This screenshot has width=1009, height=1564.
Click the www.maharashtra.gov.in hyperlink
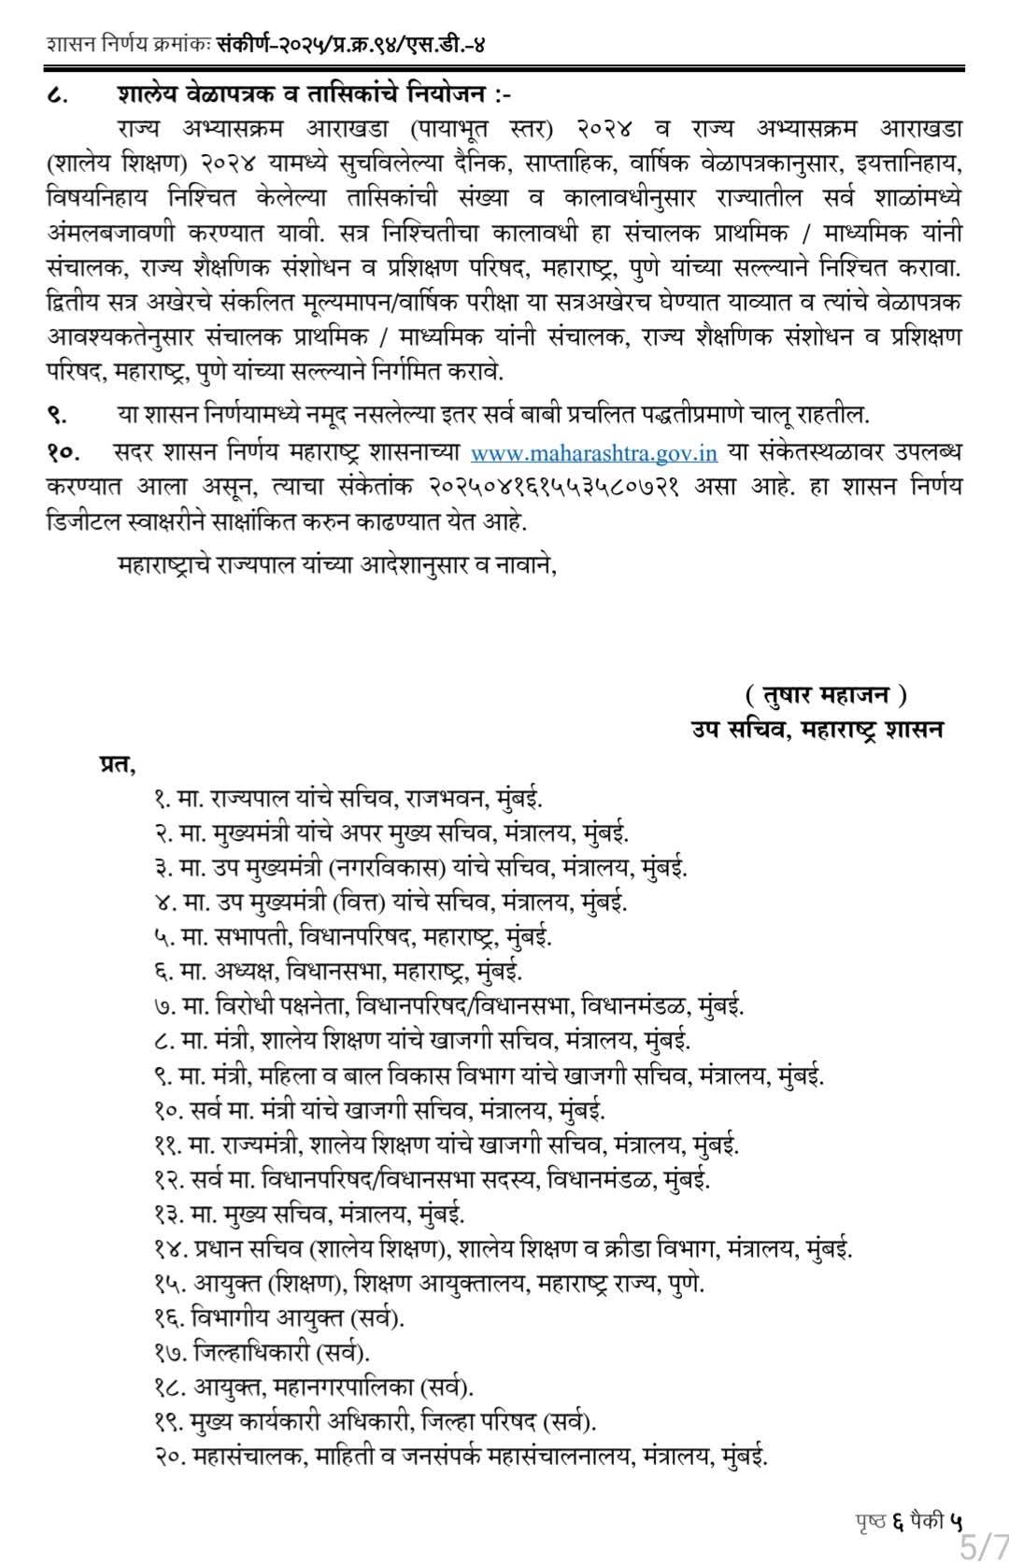click(593, 453)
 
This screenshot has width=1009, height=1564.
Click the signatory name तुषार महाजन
click(826, 695)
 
